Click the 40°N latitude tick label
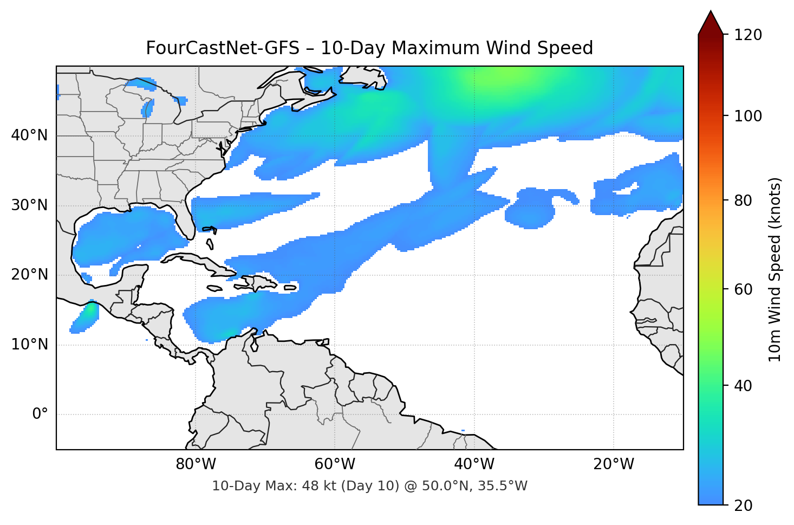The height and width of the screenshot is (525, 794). coord(30,135)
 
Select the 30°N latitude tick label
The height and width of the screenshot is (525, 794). coord(30,205)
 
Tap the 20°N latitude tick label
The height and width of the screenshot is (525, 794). coord(30,275)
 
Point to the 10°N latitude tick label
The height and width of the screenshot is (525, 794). coord(30,345)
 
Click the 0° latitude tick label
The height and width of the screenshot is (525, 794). coord(40,414)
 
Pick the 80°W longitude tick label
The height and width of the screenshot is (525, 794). coord(196,464)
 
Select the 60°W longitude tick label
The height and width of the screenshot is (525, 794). coord(335,464)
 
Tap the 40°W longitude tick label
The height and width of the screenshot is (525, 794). coord(474,464)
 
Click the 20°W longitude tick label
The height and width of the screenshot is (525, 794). coord(614,464)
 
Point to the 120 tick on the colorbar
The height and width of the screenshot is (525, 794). coord(748,35)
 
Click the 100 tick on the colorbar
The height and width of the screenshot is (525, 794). coord(748,116)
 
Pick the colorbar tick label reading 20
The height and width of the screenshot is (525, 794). coord(743,505)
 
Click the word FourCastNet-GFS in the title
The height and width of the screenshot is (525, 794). coord(222,48)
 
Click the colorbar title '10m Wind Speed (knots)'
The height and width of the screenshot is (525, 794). coord(775,270)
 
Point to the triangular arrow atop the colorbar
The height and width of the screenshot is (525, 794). coord(711,23)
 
